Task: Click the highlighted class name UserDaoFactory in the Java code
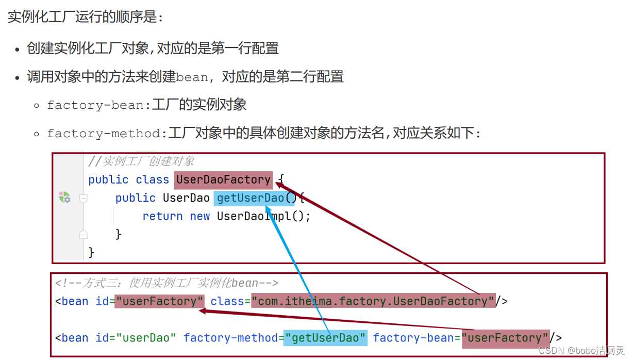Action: point(223,179)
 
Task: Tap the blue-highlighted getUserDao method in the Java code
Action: point(251,198)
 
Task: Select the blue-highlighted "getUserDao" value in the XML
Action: point(325,338)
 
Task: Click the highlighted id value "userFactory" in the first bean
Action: point(159,301)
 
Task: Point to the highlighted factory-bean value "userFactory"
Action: point(505,338)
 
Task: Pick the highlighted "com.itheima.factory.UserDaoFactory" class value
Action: point(373,301)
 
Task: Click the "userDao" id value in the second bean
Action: point(146,338)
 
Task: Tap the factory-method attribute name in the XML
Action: point(231,338)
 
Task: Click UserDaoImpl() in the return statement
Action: point(263,216)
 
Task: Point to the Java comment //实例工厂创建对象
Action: point(141,161)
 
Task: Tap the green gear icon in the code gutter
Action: point(64,197)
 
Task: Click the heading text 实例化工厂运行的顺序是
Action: point(85,17)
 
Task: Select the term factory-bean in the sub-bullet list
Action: point(96,105)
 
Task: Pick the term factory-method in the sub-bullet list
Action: point(104,134)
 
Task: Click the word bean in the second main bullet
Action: point(192,77)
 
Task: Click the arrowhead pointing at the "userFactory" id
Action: point(203,311)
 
